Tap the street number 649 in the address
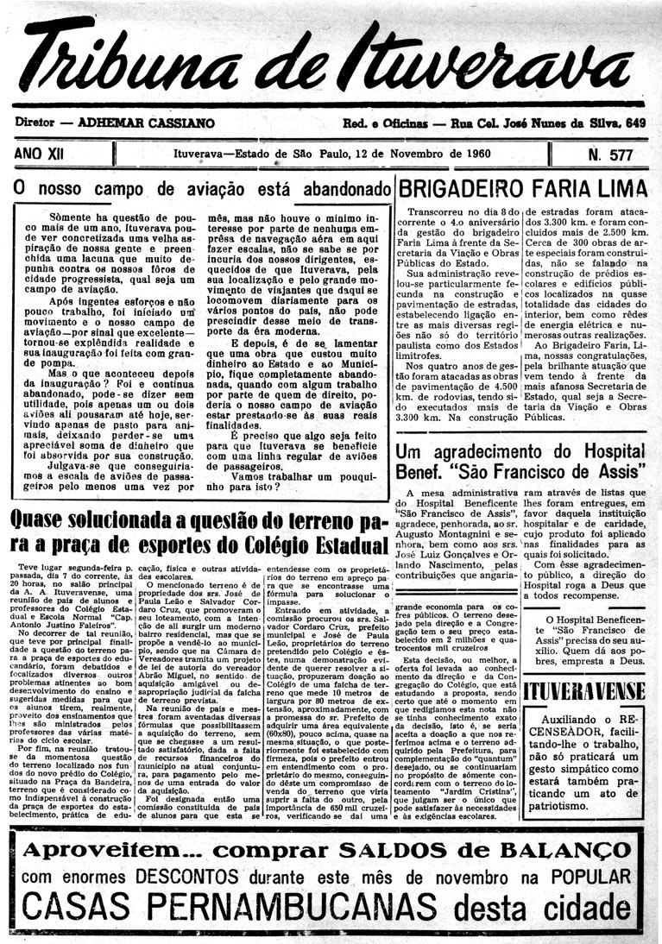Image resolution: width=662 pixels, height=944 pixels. click(635, 123)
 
